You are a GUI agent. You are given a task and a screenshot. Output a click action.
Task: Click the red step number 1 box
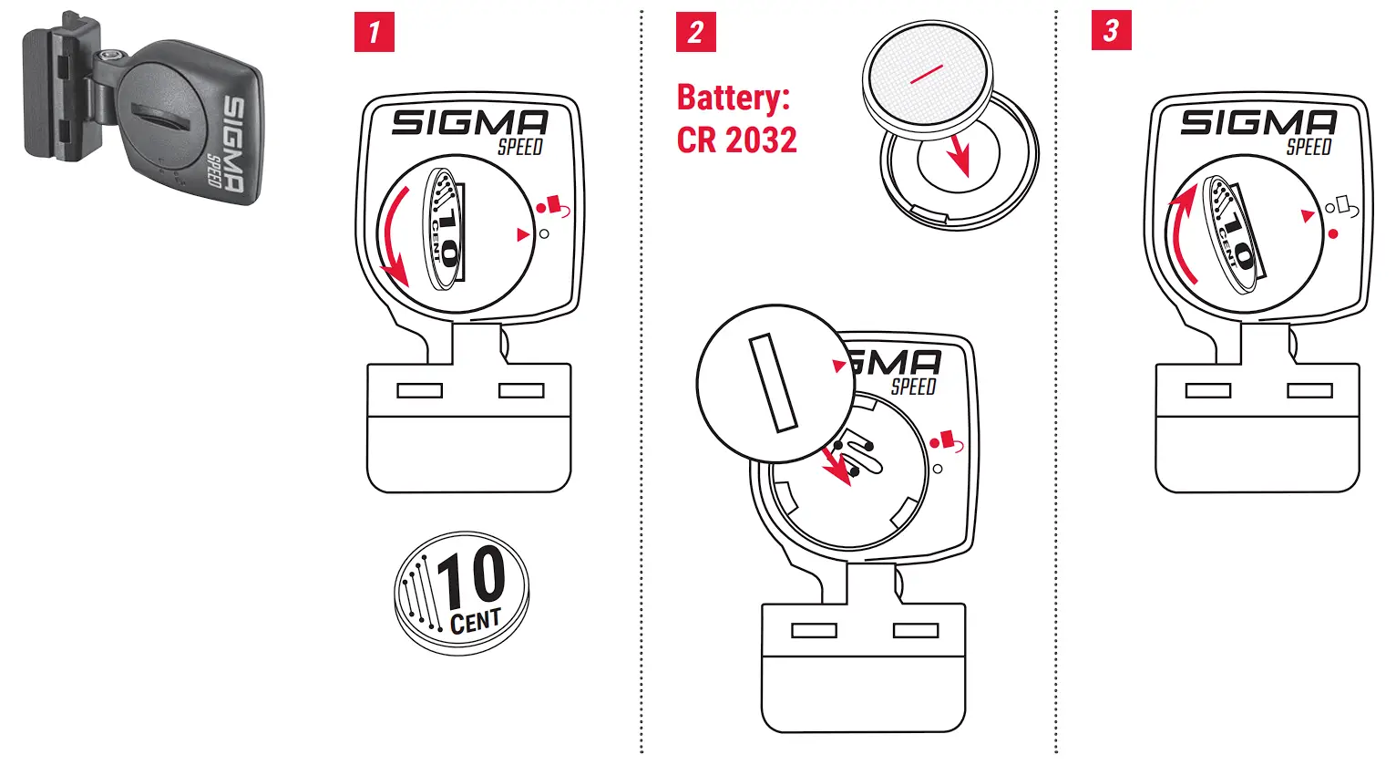[x=374, y=32]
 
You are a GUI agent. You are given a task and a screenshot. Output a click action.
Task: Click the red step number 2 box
[x=695, y=32]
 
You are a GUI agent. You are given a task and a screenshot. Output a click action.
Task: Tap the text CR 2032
[x=736, y=140]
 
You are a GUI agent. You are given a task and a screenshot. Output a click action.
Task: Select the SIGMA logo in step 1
[x=469, y=122]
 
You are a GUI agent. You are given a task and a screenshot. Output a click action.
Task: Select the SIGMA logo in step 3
[x=1258, y=122]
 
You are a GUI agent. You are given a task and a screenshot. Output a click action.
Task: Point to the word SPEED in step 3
[x=1309, y=147]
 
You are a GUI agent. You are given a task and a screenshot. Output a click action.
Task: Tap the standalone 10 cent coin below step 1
[x=461, y=592]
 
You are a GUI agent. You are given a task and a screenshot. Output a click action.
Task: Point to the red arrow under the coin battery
[x=957, y=155]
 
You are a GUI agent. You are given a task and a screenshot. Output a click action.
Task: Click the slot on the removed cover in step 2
[x=773, y=383]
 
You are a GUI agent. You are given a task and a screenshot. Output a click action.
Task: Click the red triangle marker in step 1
[x=522, y=234]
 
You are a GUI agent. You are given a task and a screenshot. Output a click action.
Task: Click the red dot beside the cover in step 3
[x=1333, y=234]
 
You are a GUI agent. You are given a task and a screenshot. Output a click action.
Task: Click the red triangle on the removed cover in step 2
[x=839, y=366]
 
